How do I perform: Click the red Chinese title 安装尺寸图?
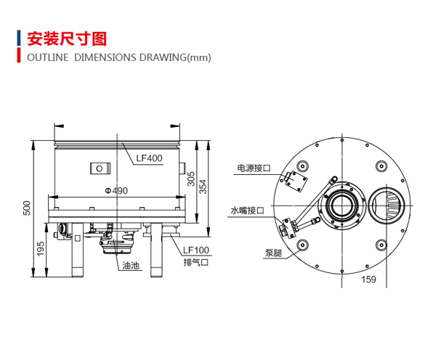click(67, 39)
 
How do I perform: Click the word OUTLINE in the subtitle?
click(48, 57)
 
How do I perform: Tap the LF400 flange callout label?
click(149, 158)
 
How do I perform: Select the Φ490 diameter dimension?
click(116, 191)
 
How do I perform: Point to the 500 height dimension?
click(26, 208)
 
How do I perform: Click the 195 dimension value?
click(41, 249)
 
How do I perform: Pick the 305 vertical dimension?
click(191, 179)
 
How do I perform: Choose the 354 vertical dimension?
click(203, 187)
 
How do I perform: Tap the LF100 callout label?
click(196, 250)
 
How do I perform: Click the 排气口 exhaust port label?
click(196, 262)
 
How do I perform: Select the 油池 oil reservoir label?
click(131, 266)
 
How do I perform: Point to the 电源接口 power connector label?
click(254, 168)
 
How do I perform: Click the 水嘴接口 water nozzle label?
click(247, 210)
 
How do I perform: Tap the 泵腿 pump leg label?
click(273, 253)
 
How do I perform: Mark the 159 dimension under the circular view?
click(368, 279)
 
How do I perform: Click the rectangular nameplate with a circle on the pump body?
click(100, 168)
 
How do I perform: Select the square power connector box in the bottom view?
click(296, 181)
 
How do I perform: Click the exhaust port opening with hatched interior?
click(386, 205)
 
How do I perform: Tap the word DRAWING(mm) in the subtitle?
click(175, 57)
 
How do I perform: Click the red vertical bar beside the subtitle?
click(19, 55)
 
